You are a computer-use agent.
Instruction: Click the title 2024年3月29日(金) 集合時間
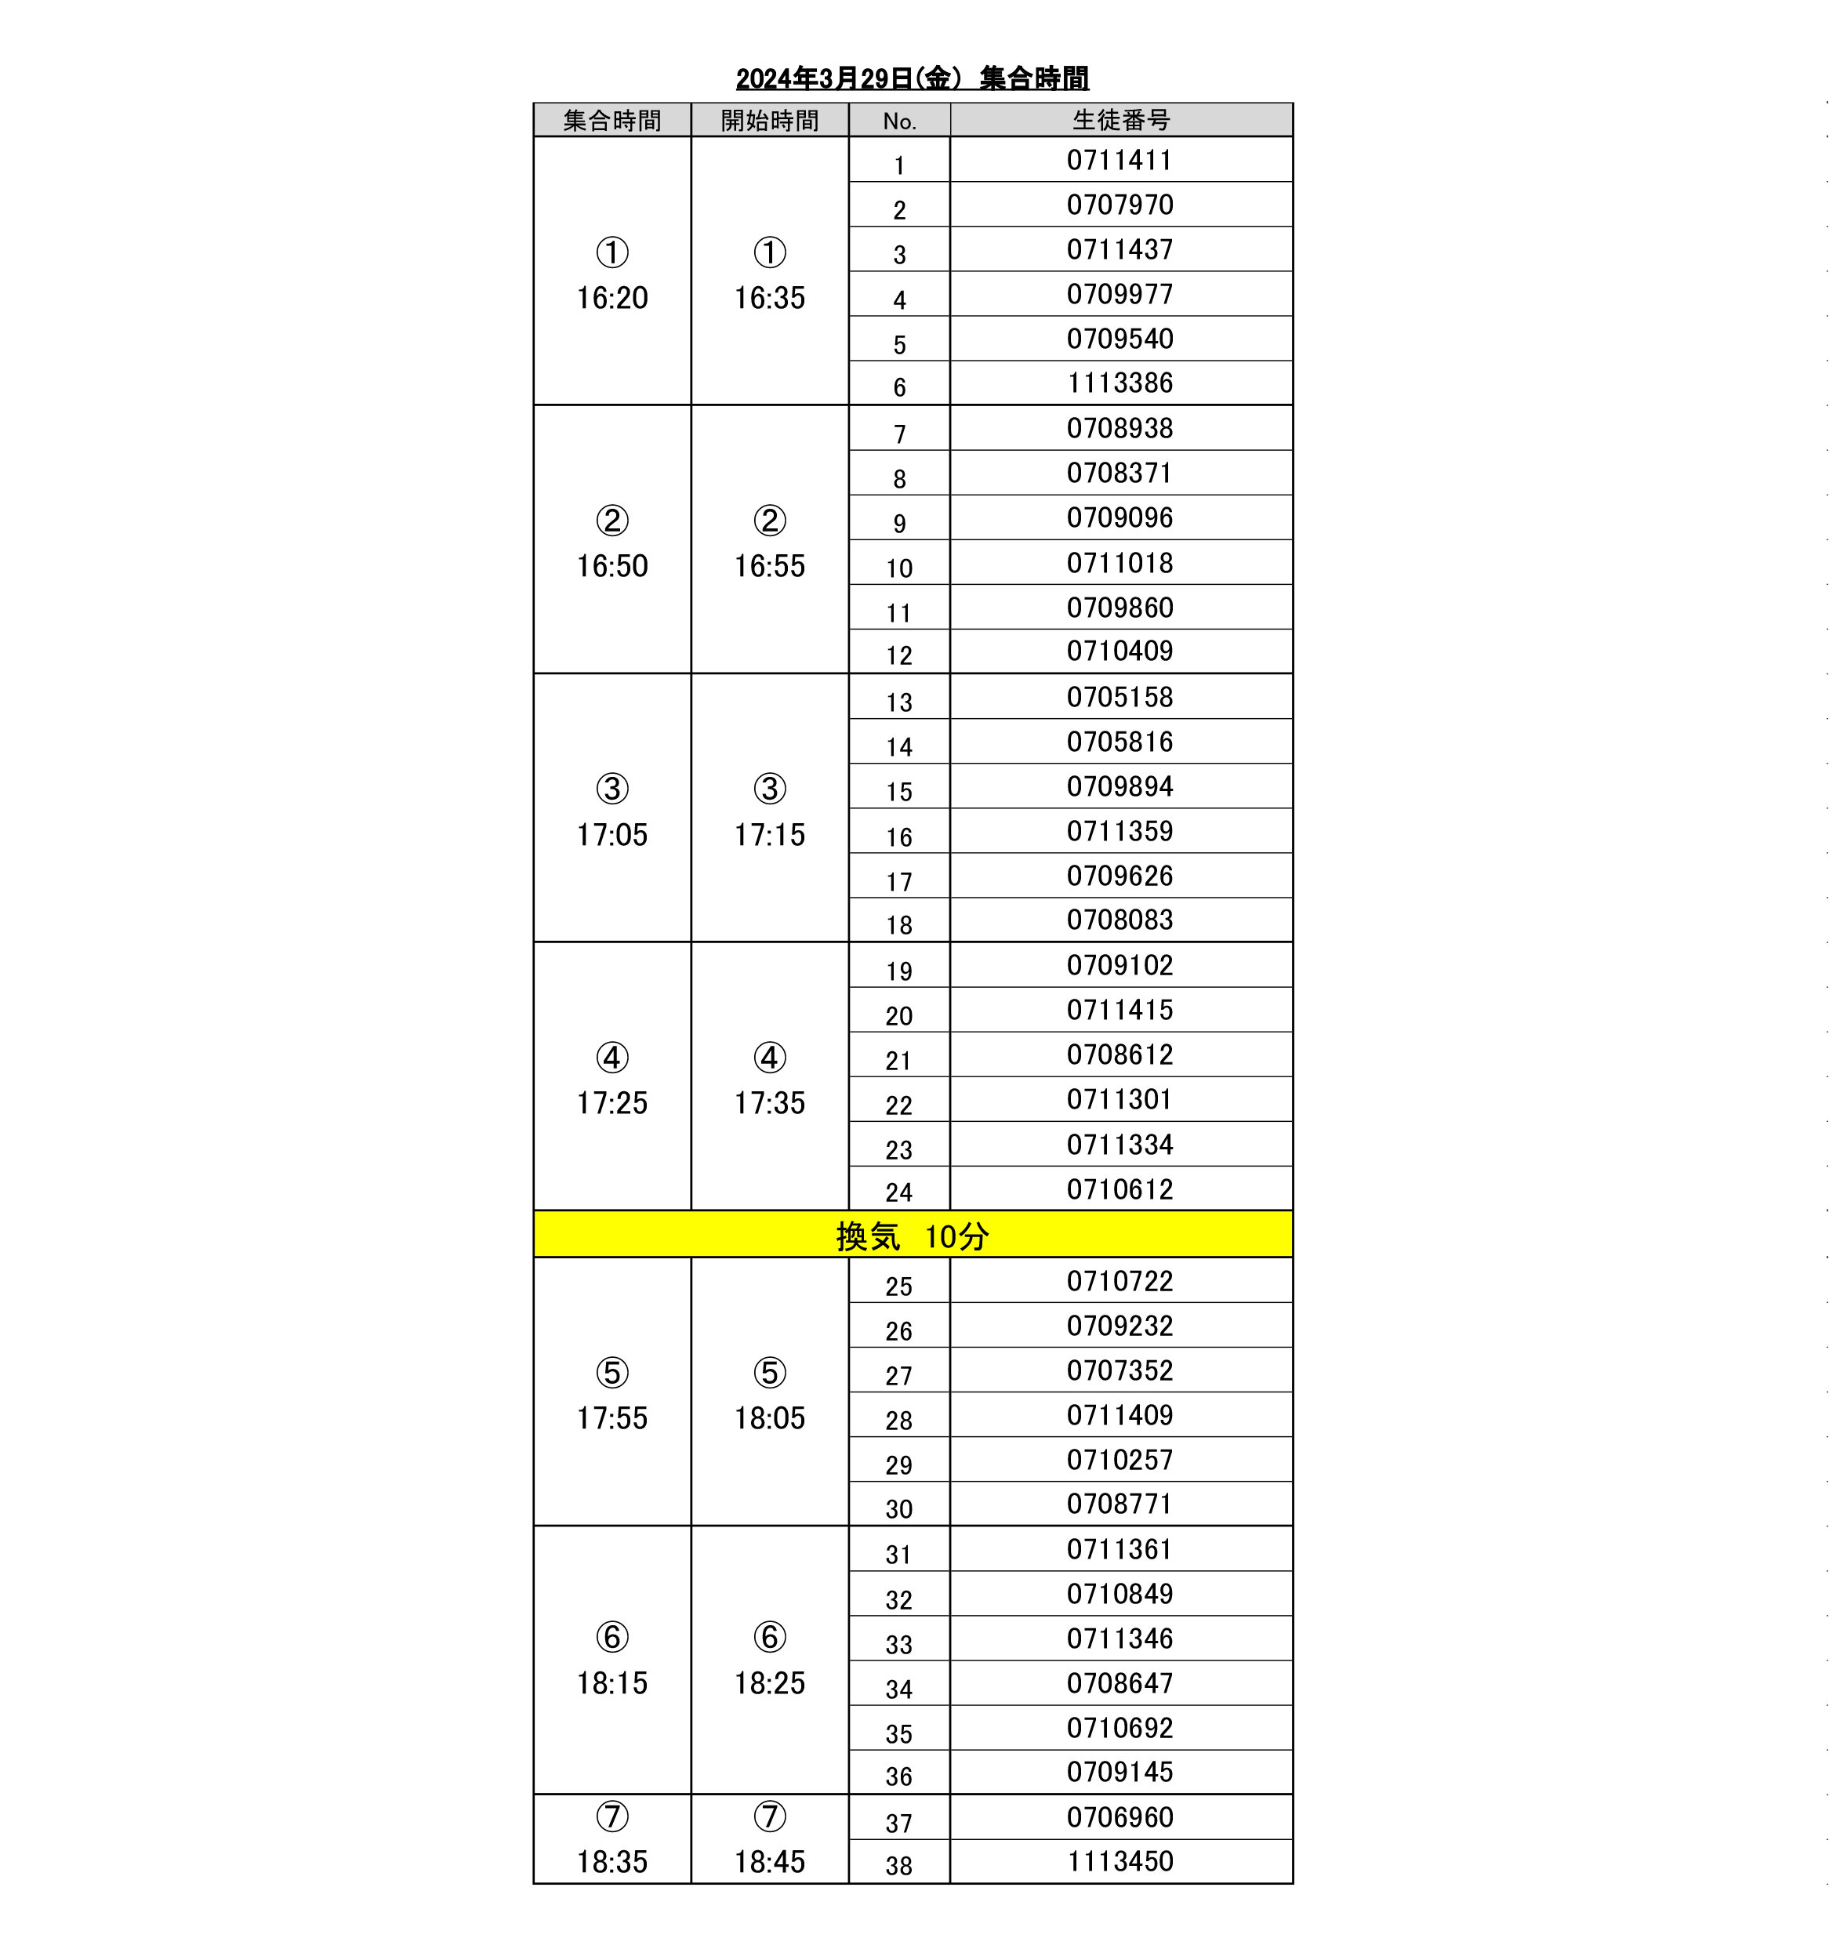912,78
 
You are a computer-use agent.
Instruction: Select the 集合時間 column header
612,121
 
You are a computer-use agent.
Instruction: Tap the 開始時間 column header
769,121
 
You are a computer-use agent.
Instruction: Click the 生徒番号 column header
1120,120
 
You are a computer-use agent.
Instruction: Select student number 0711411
1120,160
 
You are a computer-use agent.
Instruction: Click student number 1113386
1120,383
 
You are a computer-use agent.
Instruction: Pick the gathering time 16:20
612,297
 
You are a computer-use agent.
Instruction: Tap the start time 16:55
769,566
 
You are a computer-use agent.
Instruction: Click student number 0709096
1120,517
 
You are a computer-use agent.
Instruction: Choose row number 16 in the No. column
899,837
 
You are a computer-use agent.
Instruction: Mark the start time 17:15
769,834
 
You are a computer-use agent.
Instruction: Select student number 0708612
1120,1054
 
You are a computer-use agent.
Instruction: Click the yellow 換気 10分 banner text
912,1236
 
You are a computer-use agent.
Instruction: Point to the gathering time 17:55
612,1417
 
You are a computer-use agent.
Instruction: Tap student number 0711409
1120,1414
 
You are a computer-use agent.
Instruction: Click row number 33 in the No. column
899,1645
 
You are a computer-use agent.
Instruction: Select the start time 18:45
769,1862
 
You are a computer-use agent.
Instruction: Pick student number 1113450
1120,1861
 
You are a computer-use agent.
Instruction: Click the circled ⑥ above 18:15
612,1637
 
